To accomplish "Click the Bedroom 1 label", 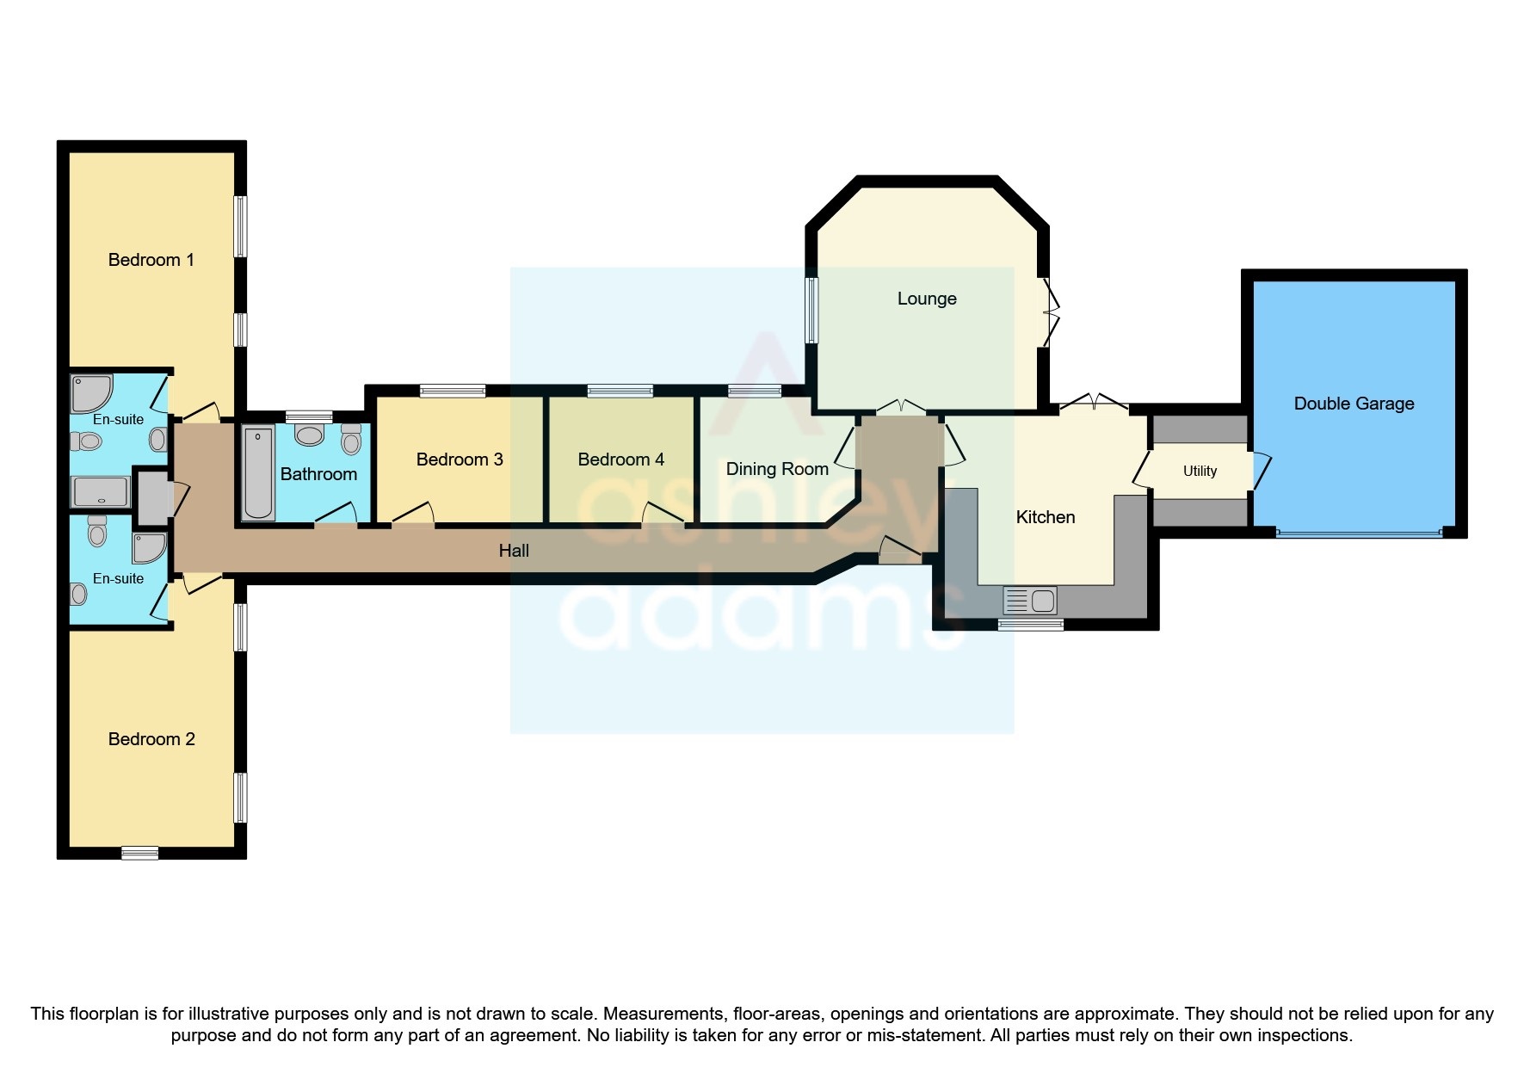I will [x=151, y=260].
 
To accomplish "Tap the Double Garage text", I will [x=1354, y=404].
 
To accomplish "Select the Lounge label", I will [x=927, y=299].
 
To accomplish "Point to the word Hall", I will [x=514, y=551].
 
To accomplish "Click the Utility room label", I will [x=1200, y=471].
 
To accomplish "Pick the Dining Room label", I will [x=777, y=469].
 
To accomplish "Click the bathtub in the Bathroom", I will [x=257, y=474].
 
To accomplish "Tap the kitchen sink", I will [x=1030, y=600].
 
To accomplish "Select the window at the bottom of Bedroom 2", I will [x=139, y=853].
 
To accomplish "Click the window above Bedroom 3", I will [x=453, y=391].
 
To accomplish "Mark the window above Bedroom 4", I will [x=620, y=391].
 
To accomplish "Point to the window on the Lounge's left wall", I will [x=811, y=310].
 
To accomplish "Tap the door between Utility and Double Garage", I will [x=1260, y=471].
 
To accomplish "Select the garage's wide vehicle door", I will [x=1359, y=534].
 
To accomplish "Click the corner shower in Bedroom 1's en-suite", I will [x=91, y=392].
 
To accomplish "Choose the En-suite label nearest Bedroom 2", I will [x=118, y=578].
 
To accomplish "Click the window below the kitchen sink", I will [x=1030, y=625].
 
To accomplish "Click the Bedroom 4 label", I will [x=620, y=459].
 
